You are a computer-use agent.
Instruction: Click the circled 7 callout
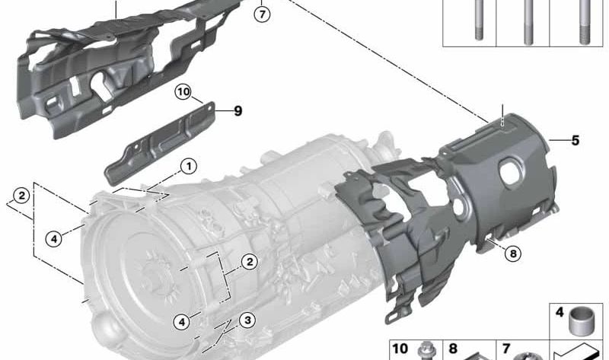pyautogui.click(x=262, y=14)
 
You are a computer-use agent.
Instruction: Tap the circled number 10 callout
pyautogui.click(x=183, y=92)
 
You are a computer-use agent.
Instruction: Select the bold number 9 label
pyautogui.click(x=238, y=111)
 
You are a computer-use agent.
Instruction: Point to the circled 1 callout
pyautogui.click(x=189, y=167)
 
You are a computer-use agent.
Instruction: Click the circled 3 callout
pyautogui.click(x=247, y=320)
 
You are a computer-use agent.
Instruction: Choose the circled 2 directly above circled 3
pyautogui.click(x=250, y=262)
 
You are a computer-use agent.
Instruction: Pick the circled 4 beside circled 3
pyautogui.click(x=182, y=321)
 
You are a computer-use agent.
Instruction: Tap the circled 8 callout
pyautogui.click(x=513, y=254)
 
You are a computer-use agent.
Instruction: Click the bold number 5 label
pyautogui.click(x=576, y=140)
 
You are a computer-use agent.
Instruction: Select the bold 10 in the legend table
pyautogui.click(x=400, y=349)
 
